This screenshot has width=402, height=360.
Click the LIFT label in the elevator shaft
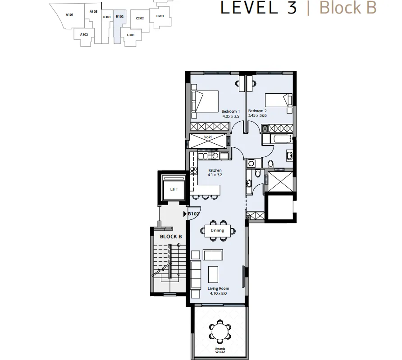[x=174, y=189]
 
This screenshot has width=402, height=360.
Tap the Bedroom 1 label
[x=231, y=111]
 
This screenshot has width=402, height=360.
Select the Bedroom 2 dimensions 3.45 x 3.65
[x=257, y=115]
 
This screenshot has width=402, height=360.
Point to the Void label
[x=208, y=137]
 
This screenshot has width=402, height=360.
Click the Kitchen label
[x=215, y=170]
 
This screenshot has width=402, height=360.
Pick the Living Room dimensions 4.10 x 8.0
[x=218, y=293]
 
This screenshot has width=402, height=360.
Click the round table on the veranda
[x=220, y=332]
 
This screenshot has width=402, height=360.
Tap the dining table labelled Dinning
[x=217, y=231]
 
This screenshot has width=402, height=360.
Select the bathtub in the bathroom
[x=282, y=140]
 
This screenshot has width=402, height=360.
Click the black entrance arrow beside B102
[x=185, y=214]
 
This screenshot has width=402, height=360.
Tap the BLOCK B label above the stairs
[x=171, y=237]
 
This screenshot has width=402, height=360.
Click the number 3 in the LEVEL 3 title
[x=292, y=8]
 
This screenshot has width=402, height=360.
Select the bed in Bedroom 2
[x=279, y=100]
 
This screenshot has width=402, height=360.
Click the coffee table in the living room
[x=213, y=274]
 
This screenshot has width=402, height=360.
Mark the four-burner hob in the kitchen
[x=194, y=171]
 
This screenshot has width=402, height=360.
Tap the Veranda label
[x=220, y=349]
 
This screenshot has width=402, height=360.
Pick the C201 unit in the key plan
[x=131, y=35]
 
